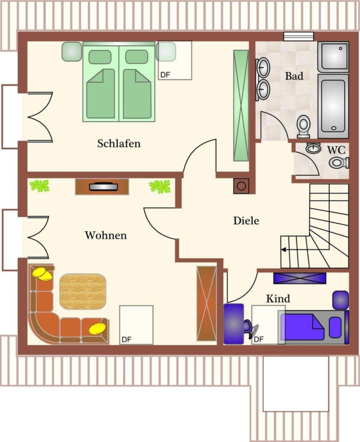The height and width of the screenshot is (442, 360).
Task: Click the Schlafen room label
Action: (119, 143)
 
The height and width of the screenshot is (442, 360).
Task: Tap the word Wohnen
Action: (106, 235)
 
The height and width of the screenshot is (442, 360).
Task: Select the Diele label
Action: (246, 221)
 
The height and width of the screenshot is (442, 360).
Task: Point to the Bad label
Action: (294, 76)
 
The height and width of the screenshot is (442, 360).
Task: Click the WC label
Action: (336, 150)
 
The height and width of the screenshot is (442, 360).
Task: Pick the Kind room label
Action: (278, 299)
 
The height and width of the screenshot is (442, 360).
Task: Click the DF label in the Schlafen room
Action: (165, 75)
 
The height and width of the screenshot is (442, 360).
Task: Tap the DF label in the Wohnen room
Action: (127, 340)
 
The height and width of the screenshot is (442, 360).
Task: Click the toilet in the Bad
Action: (304, 127)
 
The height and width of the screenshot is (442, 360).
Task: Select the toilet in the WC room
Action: (338, 163)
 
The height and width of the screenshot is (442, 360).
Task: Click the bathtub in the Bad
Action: (333, 106)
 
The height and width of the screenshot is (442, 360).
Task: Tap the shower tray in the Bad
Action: (333, 57)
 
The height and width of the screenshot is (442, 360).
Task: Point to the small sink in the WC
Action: (313, 148)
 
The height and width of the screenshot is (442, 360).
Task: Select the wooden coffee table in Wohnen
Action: (83, 291)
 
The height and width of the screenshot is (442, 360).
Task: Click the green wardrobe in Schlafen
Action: (241, 106)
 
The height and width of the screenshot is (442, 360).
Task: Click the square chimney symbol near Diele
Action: (241, 186)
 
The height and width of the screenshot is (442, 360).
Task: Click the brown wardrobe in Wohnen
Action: (207, 304)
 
